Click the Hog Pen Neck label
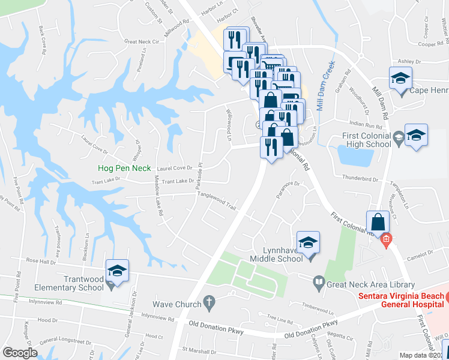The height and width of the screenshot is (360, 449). point(124,169)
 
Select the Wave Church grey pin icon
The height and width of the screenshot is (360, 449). point(209,303)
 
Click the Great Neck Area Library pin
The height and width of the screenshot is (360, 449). point(320,281)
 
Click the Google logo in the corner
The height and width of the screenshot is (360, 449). point(20,353)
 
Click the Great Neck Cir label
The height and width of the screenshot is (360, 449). point(142,42)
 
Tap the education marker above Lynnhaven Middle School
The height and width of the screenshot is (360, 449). point(308,242)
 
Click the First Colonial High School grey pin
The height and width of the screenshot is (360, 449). point(397,140)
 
